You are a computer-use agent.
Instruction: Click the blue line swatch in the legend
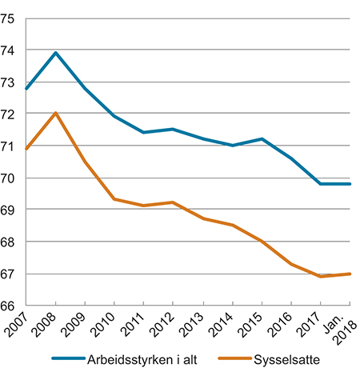(69, 359)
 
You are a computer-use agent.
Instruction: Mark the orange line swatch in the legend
(231, 359)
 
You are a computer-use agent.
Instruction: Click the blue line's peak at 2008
(55, 53)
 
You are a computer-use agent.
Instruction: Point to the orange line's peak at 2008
(55, 114)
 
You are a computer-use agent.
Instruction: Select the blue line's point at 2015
(262, 139)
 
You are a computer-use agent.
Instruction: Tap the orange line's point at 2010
(114, 199)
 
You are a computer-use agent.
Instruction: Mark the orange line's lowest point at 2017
(321, 276)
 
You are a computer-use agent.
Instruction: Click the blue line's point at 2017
(321, 184)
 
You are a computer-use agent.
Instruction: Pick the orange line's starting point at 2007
(26, 149)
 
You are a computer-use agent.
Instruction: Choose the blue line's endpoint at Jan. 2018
(350, 184)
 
